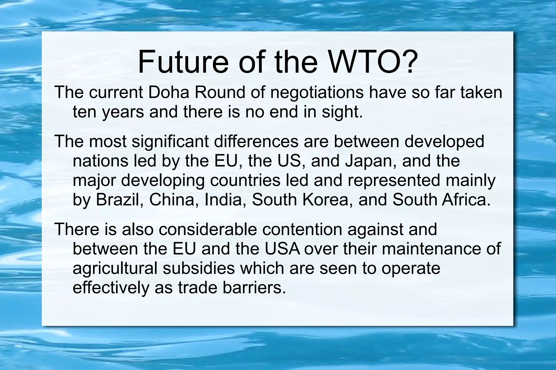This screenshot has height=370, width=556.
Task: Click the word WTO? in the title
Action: click(372, 62)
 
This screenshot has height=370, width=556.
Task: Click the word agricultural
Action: click(115, 269)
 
